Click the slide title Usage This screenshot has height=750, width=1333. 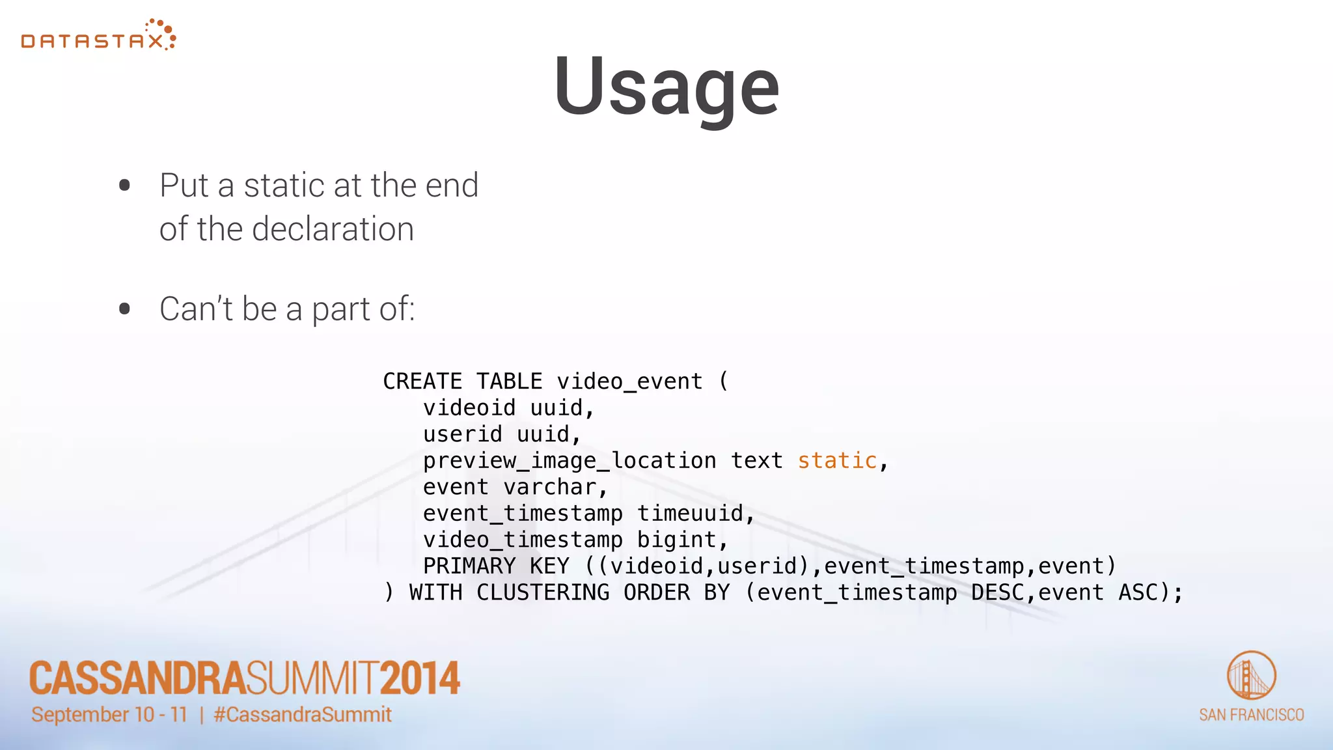(666, 86)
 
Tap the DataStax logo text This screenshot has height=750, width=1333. (92, 42)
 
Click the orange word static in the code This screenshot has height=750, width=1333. (837, 461)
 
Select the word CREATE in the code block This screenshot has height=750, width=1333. (422, 382)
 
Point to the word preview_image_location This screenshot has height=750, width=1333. (570, 461)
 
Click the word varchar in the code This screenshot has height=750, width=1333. (550, 487)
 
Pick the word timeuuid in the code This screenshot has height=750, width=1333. (690, 514)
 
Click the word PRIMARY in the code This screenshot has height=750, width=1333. (469, 566)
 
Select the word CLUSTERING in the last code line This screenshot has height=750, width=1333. (543, 592)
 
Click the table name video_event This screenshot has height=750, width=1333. (629, 382)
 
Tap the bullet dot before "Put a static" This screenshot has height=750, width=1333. (125, 186)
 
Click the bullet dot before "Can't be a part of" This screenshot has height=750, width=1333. (125, 309)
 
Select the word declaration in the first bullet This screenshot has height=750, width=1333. (333, 229)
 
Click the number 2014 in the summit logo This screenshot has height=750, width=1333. (420, 678)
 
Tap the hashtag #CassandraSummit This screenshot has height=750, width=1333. (303, 715)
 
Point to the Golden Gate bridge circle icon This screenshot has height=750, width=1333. (1251, 675)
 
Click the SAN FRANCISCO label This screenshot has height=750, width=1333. (1251, 715)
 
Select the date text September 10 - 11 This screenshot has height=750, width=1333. (109, 715)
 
